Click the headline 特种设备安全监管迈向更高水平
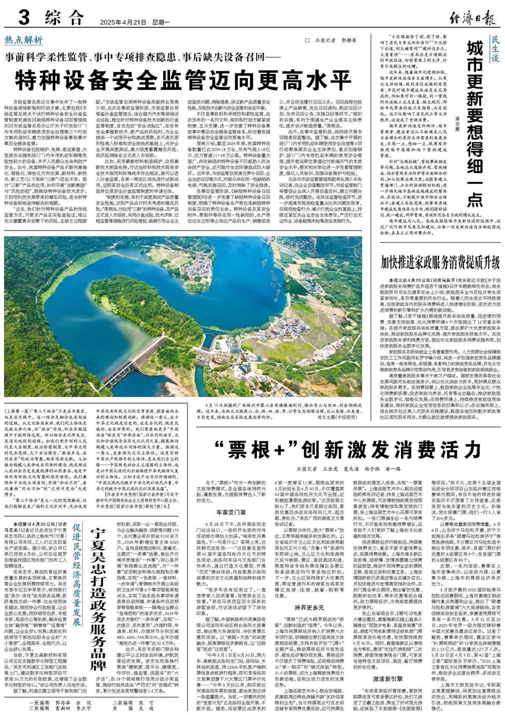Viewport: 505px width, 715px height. (182, 78)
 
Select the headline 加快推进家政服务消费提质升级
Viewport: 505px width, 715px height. (440, 263)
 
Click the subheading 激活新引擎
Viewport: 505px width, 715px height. (384, 678)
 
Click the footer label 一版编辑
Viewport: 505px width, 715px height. (41, 702)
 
